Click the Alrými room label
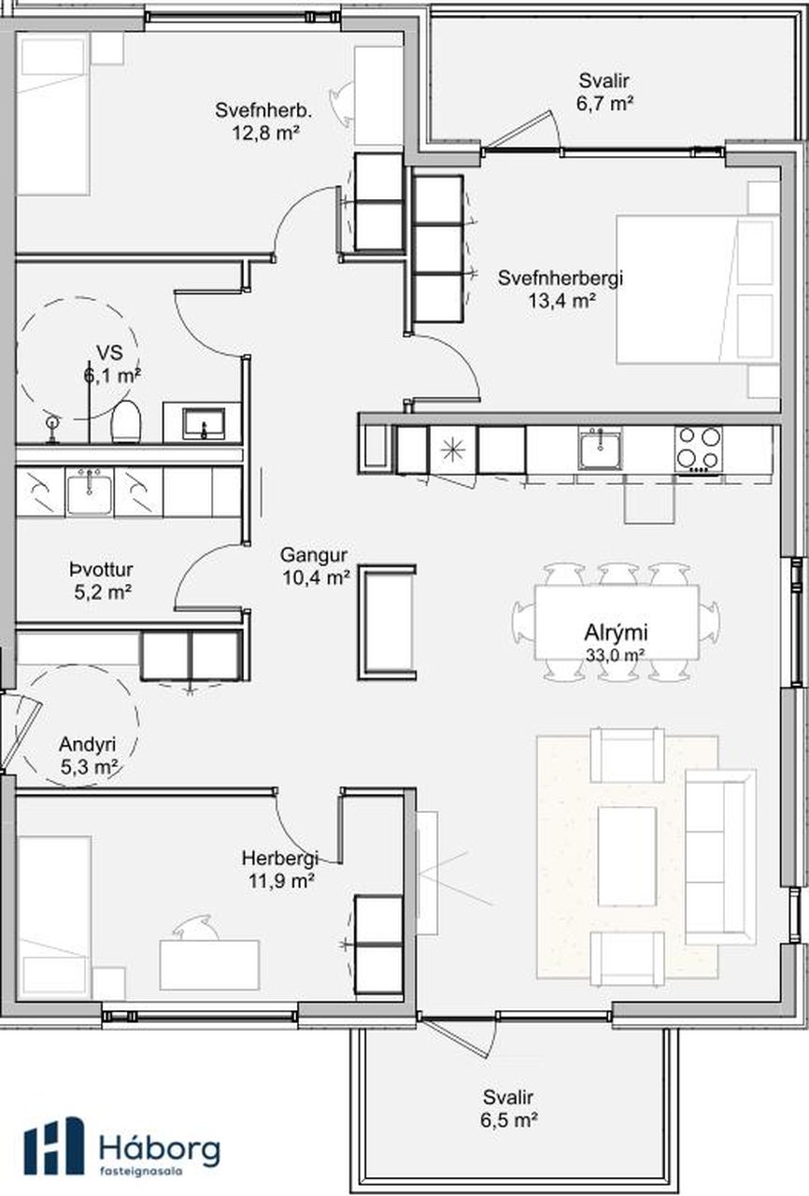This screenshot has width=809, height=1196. tap(616, 633)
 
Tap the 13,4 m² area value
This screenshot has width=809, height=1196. tap(562, 301)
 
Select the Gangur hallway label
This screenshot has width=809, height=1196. tap(314, 555)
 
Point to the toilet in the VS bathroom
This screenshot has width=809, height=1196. tap(126, 421)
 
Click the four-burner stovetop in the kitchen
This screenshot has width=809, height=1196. tap(698, 448)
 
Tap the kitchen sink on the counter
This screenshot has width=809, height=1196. tap(600, 448)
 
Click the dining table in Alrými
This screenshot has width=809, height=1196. tap(617, 622)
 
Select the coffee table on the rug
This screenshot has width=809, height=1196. tap(627, 857)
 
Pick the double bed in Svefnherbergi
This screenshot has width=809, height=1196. tap(698, 290)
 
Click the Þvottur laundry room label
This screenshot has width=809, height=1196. tap(101, 570)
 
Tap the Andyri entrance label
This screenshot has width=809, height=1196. tap(88, 745)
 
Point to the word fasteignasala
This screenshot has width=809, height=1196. tap(141, 1171)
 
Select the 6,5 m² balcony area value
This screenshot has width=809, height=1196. tap(508, 1119)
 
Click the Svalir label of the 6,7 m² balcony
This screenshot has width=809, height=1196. tap(604, 81)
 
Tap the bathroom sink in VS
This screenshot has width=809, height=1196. tap(204, 423)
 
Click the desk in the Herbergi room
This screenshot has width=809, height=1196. tap(209, 965)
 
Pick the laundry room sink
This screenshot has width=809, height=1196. tap(89, 491)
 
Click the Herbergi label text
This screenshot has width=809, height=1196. tap(280, 859)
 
